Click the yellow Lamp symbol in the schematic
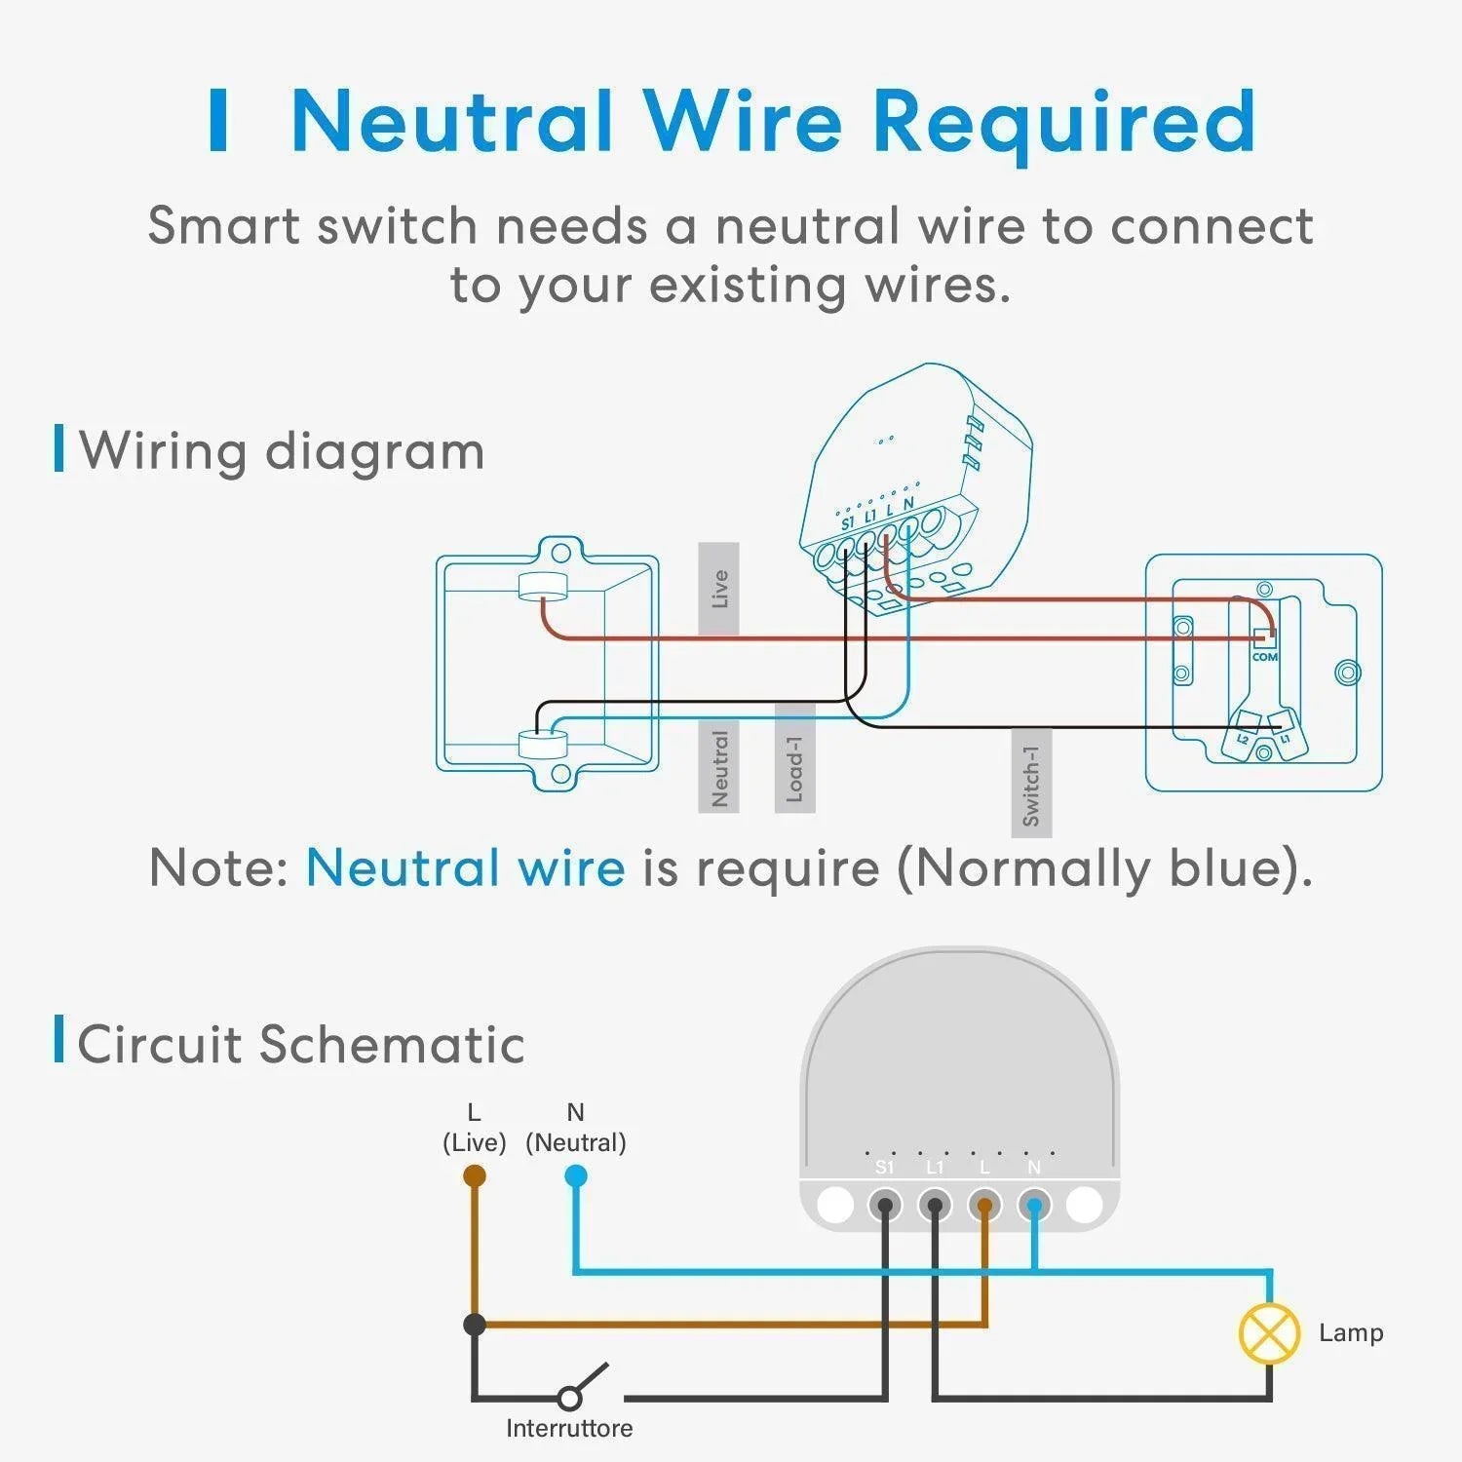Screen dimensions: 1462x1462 pos(1269,1333)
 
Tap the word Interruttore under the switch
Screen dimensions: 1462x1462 pos(569,1428)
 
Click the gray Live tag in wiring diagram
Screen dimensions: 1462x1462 pos(719,589)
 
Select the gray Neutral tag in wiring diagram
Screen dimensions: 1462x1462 pos(719,767)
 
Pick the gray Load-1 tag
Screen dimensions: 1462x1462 pos(794,757)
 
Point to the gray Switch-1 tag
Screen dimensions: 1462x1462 pos(1031,783)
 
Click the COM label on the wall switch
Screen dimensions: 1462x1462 pos(1265,656)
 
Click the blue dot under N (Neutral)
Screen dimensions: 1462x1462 pos(576,1176)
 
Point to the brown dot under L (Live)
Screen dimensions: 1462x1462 pos(475,1176)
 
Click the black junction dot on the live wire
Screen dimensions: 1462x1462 pos(475,1325)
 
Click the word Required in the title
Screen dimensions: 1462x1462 pos(1062,122)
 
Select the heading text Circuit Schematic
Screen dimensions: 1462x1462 pos(300,1044)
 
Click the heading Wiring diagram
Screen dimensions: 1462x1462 pos(282,450)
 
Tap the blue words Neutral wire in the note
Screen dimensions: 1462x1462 pos(466,866)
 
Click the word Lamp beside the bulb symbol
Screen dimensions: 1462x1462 pos(1350,1332)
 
